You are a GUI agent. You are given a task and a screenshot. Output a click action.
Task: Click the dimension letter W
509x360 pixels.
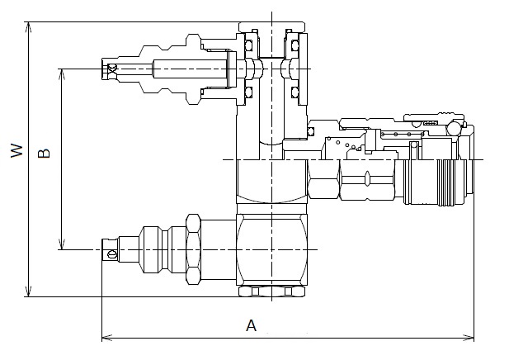[16, 150]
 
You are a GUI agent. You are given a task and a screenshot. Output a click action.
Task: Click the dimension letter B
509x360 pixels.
[44, 153]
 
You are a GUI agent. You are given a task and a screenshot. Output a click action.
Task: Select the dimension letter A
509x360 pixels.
[252, 325]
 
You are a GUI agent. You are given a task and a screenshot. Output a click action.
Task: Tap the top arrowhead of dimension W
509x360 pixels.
[29, 27]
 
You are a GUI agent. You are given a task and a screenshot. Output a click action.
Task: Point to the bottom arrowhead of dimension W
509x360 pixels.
[29, 291]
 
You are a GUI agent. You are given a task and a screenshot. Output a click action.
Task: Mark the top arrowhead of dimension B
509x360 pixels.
[62, 74]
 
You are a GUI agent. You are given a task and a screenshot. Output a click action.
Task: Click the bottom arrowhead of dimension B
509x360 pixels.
[62, 244]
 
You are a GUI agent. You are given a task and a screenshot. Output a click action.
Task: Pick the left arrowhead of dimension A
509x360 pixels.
[107, 338]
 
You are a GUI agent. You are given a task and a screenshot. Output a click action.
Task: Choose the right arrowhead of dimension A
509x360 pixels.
[469, 338]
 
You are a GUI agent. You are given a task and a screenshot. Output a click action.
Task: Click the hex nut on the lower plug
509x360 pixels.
[194, 249]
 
